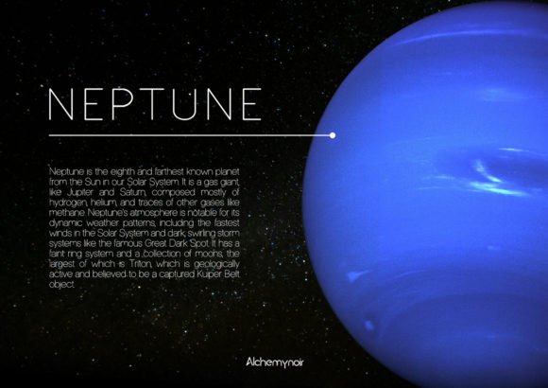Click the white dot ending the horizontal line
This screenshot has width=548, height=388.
pos(333,135)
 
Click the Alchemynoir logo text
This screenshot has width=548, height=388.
pos(275,362)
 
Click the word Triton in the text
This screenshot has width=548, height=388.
pos(141,263)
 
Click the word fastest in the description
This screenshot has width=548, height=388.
pos(227,222)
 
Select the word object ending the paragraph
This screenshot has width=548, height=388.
pos(61,284)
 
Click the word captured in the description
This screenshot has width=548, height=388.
pos(178,274)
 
